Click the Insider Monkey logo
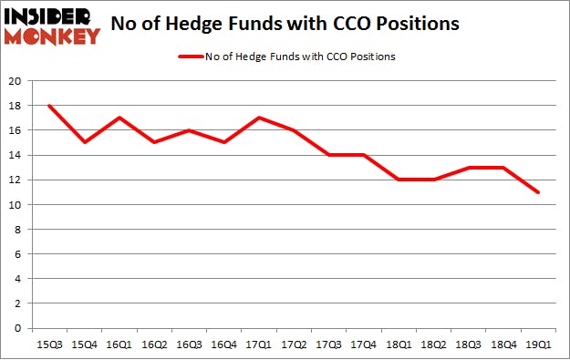coord(51,26)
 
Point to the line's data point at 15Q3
coord(48,106)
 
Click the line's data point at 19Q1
coord(538,192)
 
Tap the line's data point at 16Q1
coord(119,118)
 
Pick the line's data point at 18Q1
coord(399,180)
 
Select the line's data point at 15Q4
coord(84,142)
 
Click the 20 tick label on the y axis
coord(16,81)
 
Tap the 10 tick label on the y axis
coord(16,205)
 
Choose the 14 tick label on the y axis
coord(16,155)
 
